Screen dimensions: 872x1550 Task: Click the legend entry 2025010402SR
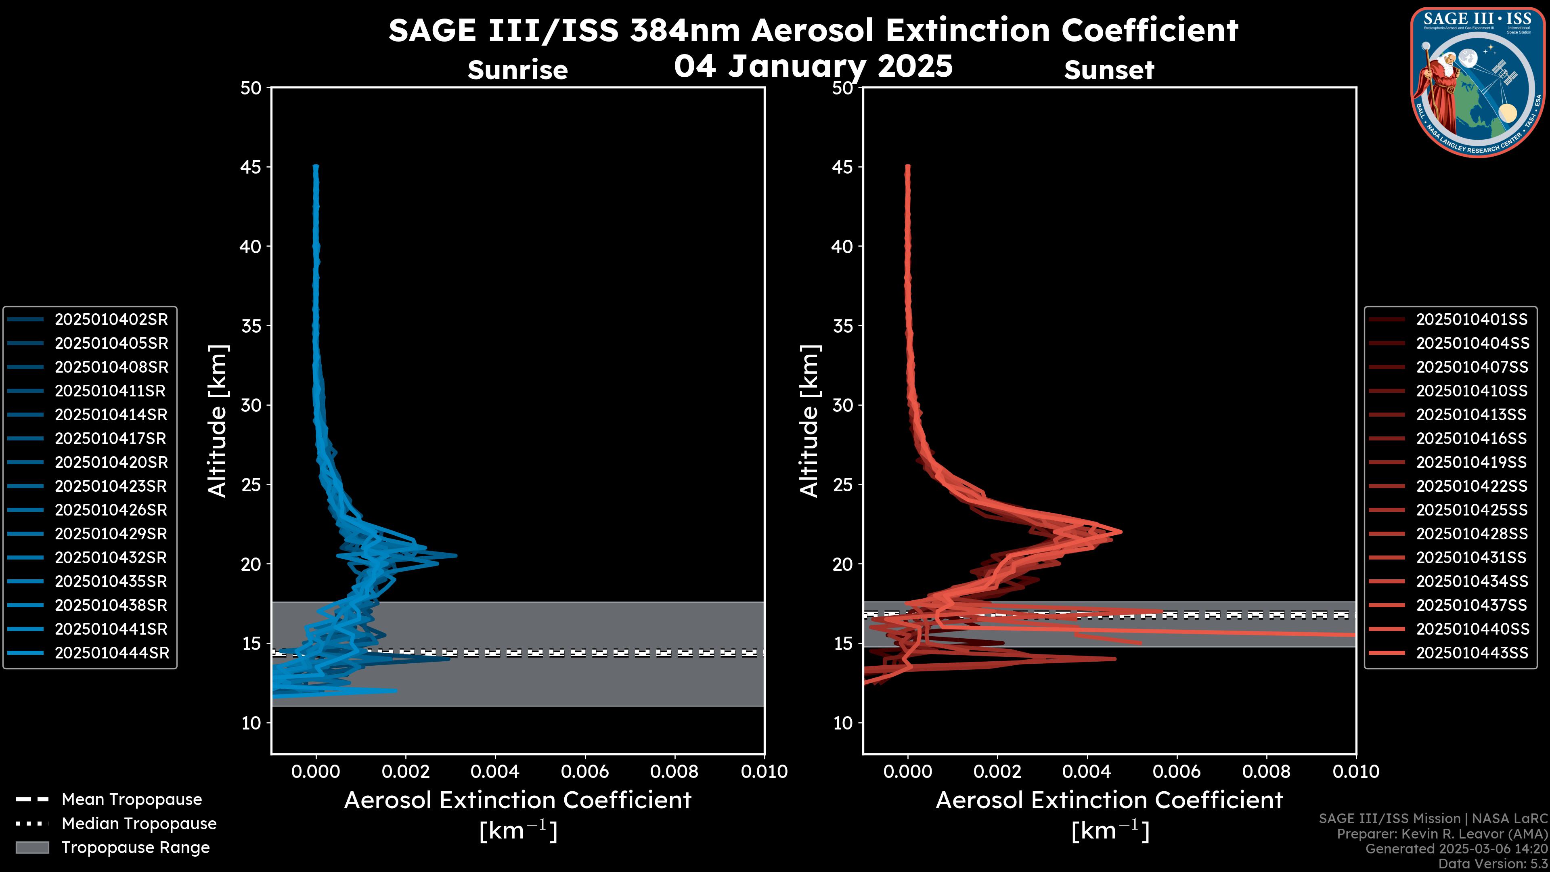[x=111, y=320]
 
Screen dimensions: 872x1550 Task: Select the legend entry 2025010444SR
[x=112, y=653]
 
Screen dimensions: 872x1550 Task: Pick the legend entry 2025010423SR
[x=111, y=486]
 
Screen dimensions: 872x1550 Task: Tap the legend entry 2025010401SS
[x=1472, y=320]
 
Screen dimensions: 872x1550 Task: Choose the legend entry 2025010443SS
[x=1472, y=653]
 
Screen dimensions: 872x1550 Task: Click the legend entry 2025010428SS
[x=1472, y=534]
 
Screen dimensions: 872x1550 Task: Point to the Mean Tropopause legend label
[x=132, y=800]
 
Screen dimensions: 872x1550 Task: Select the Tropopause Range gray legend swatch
[x=32, y=847]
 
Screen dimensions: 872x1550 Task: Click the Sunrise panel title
[x=517, y=70]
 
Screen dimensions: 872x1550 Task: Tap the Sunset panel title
[x=1109, y=70]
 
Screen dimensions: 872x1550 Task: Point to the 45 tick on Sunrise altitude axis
[x=251, y=167]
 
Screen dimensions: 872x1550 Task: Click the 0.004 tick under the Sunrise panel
[x=494, y=771]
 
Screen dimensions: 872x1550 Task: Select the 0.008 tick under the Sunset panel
[x=1267, y=771]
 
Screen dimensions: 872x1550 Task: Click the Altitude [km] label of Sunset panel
[x=809, y=421]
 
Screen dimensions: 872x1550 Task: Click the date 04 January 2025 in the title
[x=813, y=65]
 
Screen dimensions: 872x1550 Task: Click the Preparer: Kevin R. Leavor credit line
[x=1442, y=834]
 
